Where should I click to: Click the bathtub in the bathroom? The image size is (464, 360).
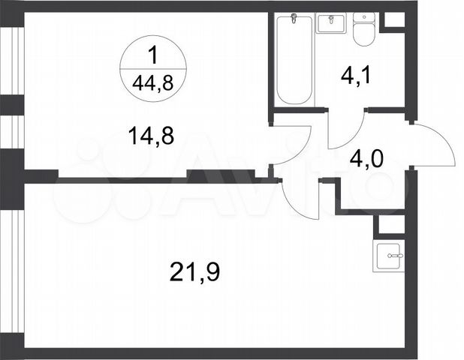coord(294,60)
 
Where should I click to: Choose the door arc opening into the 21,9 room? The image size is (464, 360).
coord(300,199)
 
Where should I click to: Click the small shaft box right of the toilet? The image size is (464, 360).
coord(393,21)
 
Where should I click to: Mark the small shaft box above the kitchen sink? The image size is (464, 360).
coord(390,224)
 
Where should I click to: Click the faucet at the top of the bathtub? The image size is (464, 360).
coord(294,19)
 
